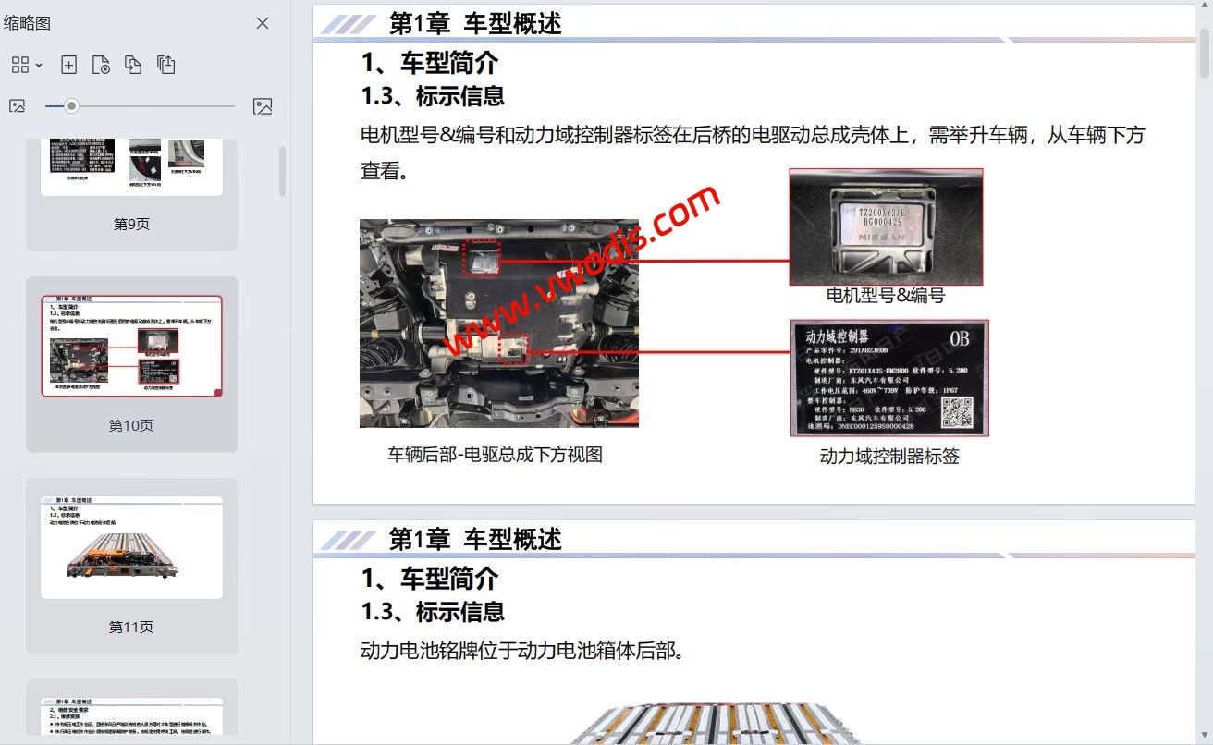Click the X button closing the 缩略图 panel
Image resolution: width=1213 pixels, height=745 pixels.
[x=263, y=23]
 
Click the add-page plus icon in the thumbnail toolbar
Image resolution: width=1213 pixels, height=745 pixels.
[x=68, y=65]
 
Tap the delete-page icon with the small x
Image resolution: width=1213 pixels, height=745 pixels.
[x=101, y=65]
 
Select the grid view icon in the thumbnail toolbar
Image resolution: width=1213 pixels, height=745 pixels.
[x=20, y=65]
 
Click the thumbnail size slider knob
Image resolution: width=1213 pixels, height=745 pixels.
[x=71, y=106]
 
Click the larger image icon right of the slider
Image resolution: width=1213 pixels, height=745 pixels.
[x=263, y=106]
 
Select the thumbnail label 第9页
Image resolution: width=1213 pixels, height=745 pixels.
[x=131, y=224]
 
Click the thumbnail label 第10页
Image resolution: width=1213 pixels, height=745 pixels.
[x=131, y=425]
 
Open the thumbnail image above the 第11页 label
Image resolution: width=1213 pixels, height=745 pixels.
[x=131, y=547]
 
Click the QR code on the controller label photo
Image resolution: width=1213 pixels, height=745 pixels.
[x=957, y=412]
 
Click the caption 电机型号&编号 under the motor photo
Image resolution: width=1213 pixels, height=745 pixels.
[x=885, y=296]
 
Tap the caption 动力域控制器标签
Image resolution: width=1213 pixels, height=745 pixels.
[x=889, y=456]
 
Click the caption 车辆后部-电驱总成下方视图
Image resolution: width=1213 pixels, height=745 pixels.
[x=496, y=454]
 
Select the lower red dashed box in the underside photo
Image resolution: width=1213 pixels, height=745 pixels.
[x=514, y=349]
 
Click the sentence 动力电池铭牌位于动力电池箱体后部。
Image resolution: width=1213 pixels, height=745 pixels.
[x=522, y=651]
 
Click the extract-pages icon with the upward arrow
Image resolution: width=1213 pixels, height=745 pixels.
[x=165, y=65]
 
